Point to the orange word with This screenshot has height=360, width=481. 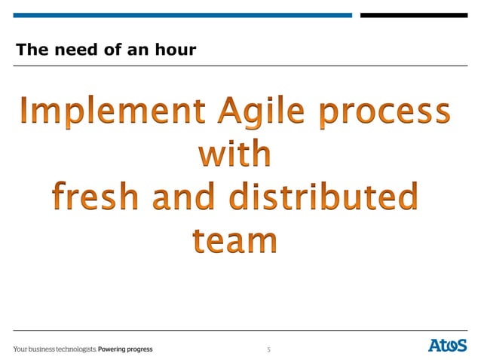(234, 154)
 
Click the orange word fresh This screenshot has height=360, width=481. (98, 198)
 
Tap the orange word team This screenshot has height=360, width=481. (234, 240)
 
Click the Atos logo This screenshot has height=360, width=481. (448, 346)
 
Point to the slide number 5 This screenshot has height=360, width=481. (268, 349)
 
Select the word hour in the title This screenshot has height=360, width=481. (176, 50)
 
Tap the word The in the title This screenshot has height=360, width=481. (31, 50)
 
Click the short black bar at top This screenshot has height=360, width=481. (413, 15)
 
